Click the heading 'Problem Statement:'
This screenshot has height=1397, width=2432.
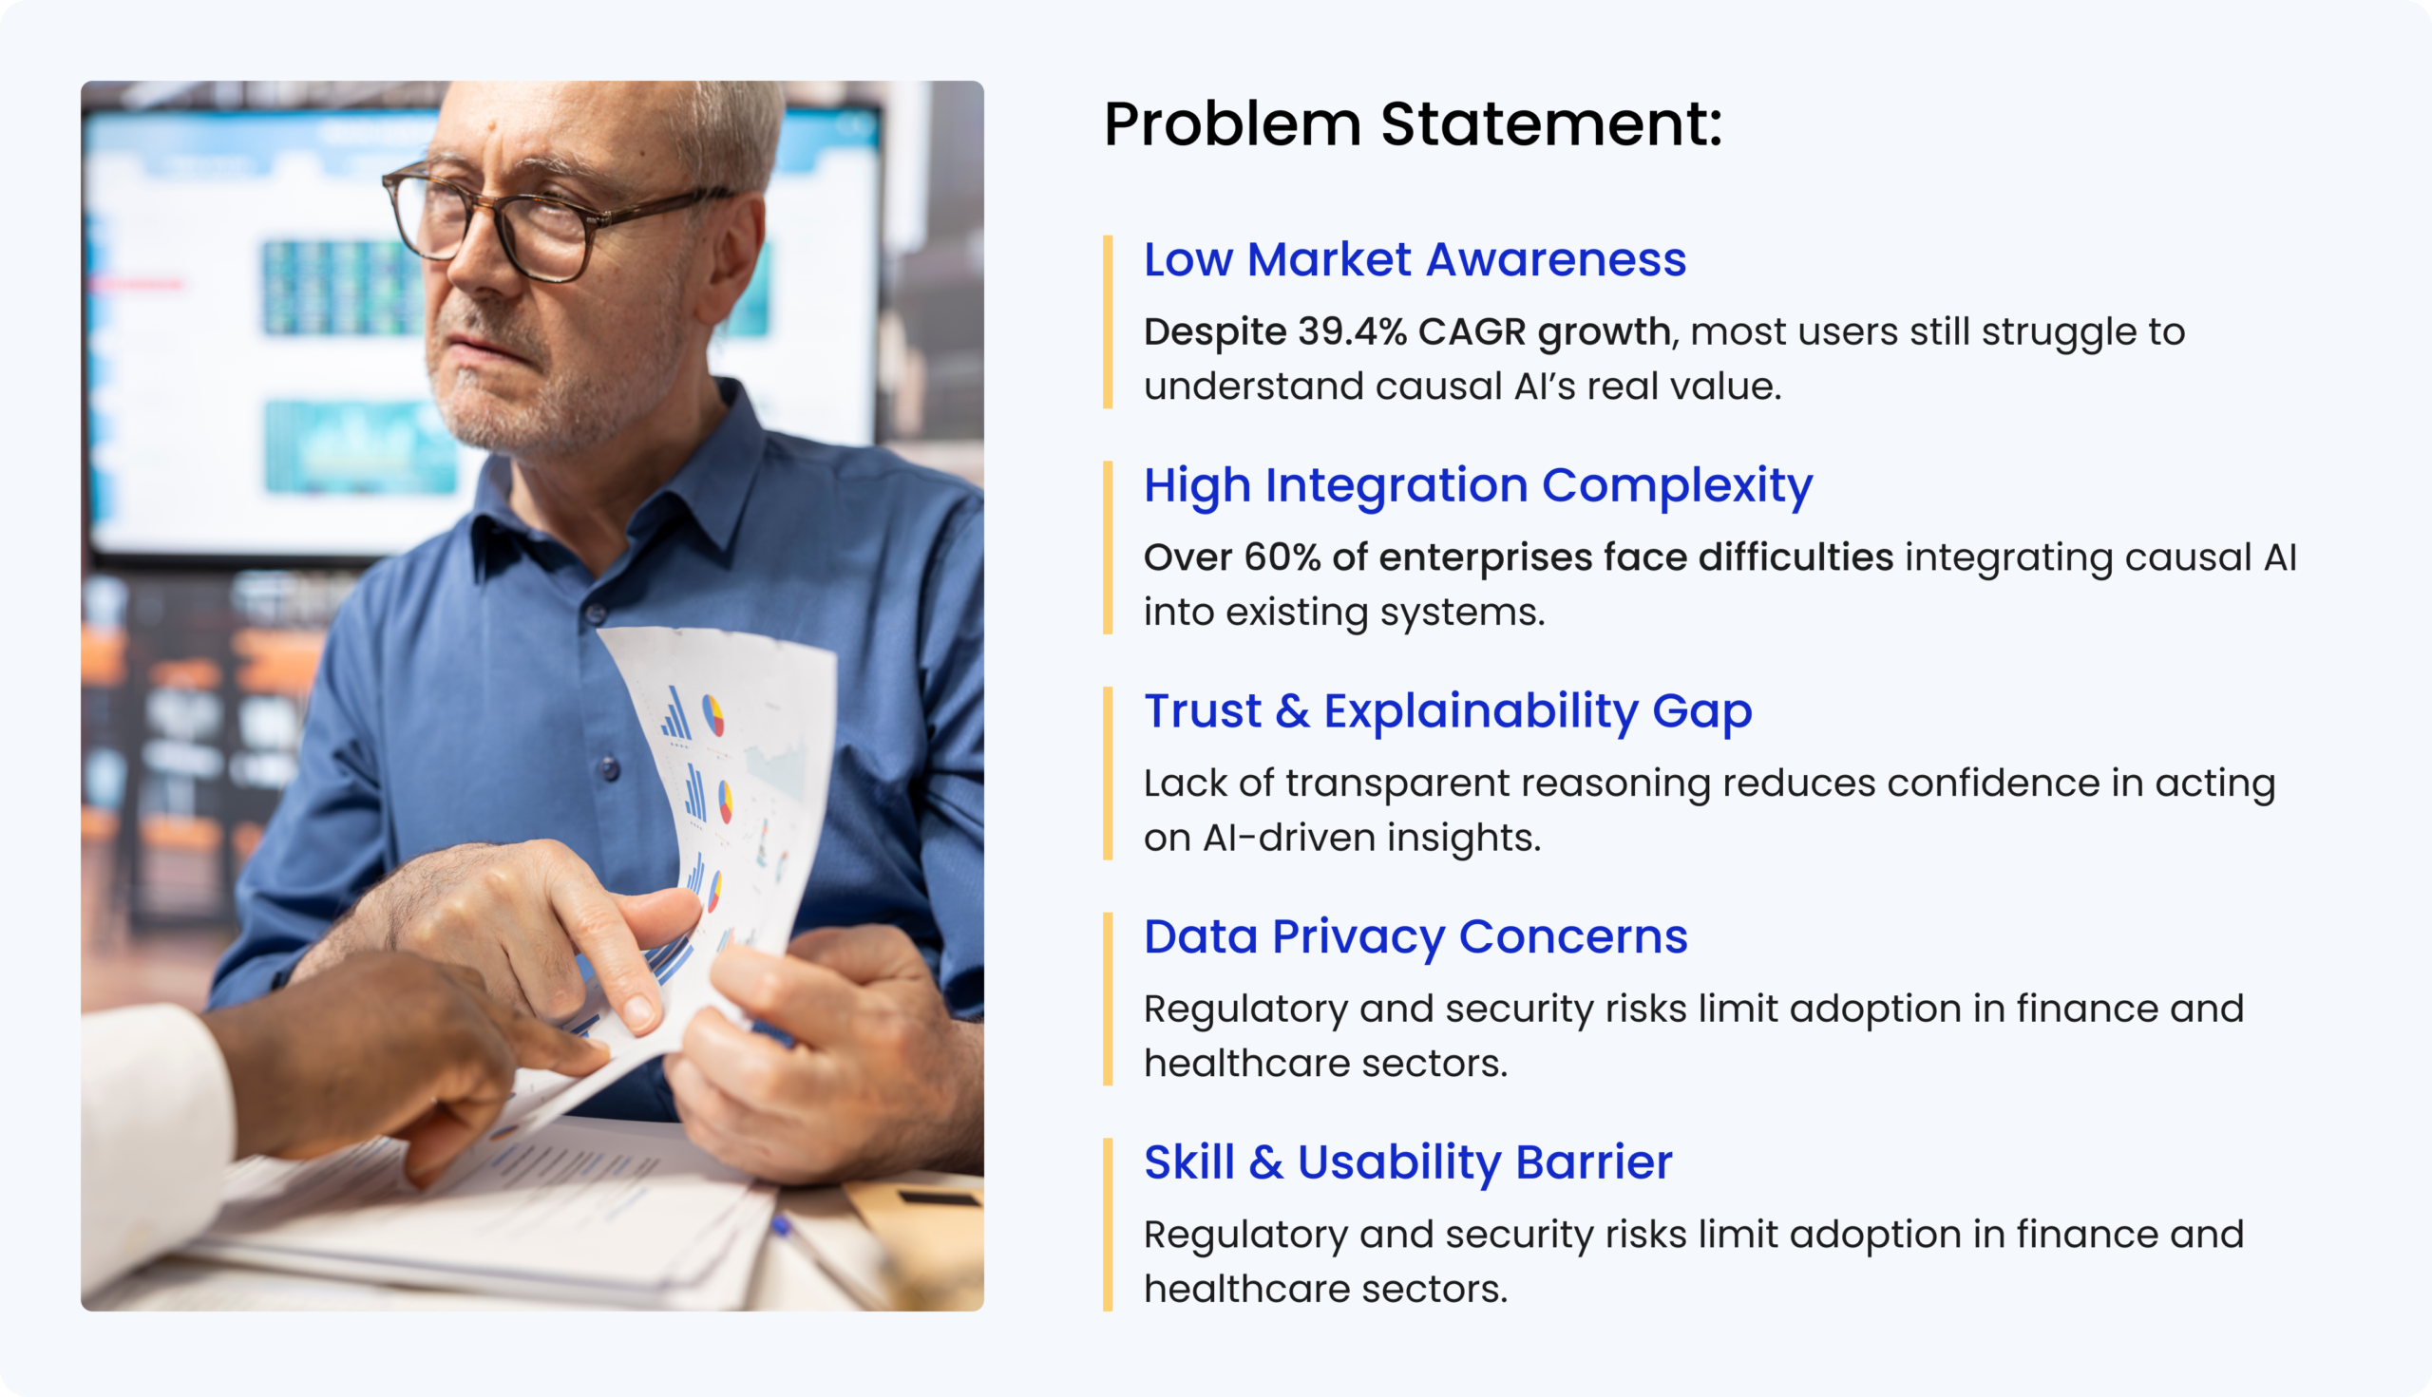[1413, 124]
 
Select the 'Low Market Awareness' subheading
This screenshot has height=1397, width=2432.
[1415, 259]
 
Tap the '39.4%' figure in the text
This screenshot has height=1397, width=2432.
[1352, 331]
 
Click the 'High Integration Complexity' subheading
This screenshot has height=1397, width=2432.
[1478, 485]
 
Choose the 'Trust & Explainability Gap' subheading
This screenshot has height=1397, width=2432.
[1448, 711]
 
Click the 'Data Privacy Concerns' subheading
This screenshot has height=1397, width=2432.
[1415, 936]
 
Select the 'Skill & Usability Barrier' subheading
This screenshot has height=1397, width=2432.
[1408, 1161]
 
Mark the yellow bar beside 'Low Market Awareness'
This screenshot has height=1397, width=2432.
[1108, 322]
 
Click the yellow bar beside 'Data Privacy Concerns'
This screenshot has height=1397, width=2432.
[1108, 999]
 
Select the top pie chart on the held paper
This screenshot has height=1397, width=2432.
[713, 715]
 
